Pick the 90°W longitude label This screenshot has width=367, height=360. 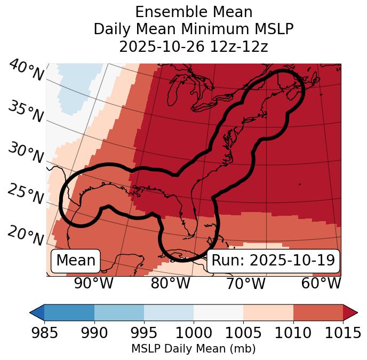click(x=94, y=284)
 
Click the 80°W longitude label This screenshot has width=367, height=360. click(x=170, y=284)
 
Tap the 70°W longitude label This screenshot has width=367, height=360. click(x=245, y=284)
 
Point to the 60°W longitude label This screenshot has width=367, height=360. click(x=321, y=284)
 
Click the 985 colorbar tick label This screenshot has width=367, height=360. click(x=44, y=333)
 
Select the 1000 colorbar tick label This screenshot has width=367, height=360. click(x=194, y=333)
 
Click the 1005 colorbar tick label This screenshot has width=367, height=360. click(x=243, y=333)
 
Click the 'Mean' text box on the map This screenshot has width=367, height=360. click(x=76, y=261)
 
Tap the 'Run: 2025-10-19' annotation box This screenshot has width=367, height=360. click(x=273, y=261)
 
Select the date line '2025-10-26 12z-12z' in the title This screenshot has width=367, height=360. click(x=194, y=46)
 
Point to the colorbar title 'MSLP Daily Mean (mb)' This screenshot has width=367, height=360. click(x=194, y=349)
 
